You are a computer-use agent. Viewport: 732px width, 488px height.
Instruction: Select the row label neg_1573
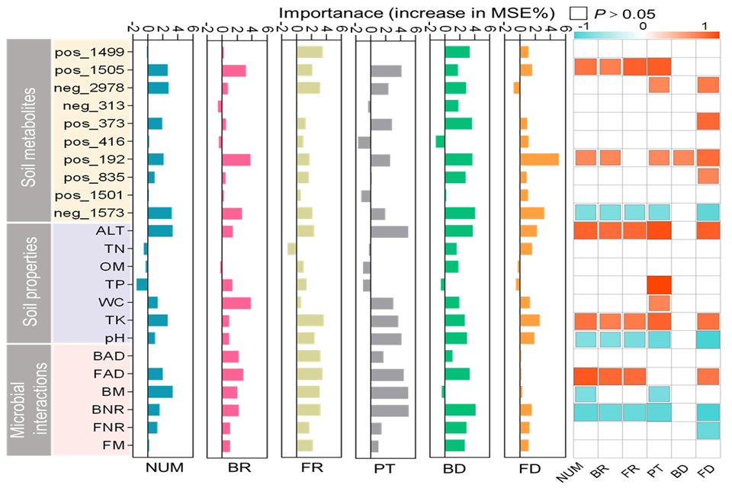pos(92,213)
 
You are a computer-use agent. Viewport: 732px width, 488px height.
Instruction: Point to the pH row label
pos(117,337)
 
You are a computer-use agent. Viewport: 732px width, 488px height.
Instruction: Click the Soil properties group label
pos(29,282)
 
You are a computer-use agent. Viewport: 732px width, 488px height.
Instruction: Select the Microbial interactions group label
pos(29,400)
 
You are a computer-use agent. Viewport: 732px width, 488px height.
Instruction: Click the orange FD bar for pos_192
pos(539,159)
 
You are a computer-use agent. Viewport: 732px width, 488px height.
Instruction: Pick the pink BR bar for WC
pos(236,302)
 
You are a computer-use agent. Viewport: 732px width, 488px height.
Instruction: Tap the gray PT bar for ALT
pos(390,231)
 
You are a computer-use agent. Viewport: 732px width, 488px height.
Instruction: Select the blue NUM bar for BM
pos(160,392)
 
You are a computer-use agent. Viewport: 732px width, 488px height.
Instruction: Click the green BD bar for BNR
pos(460,409)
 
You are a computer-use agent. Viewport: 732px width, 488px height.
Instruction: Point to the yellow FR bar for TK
pos(310,319)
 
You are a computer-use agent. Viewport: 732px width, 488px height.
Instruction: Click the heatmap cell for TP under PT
pos(659,284)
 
